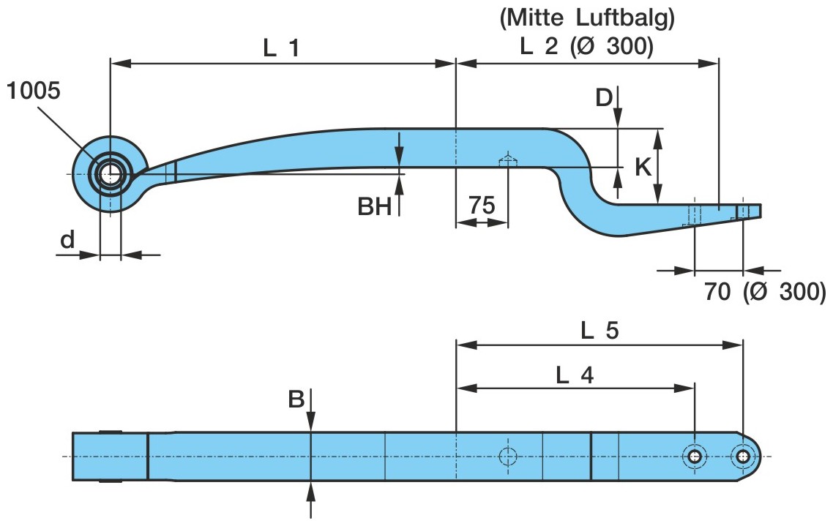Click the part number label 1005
pyautogui.click(x=34, y=91)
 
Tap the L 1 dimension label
pyautogui.click(x=282, y=48)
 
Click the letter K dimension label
pyautogui.click(x=643, y=168)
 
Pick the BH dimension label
pyautogui.click(x=375, y=207)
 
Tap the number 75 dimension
pyautogui.click(x=481, y=206)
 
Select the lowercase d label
pyautogui.click(x=67, y=240)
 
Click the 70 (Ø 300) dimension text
pyautogui.click(x=765, y=292)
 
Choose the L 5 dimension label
pyautogui.click(x=600, y=331)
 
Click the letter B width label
pyautogui.click(x=296, y=399)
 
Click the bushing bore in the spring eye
pyautogui.click(x=110, y=174)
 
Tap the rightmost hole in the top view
pyautogui.click(x=743, y=457)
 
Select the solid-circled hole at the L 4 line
pyautogui.click(x=694, y=457)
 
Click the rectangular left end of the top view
pyautogui.click(x=110, y=457)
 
